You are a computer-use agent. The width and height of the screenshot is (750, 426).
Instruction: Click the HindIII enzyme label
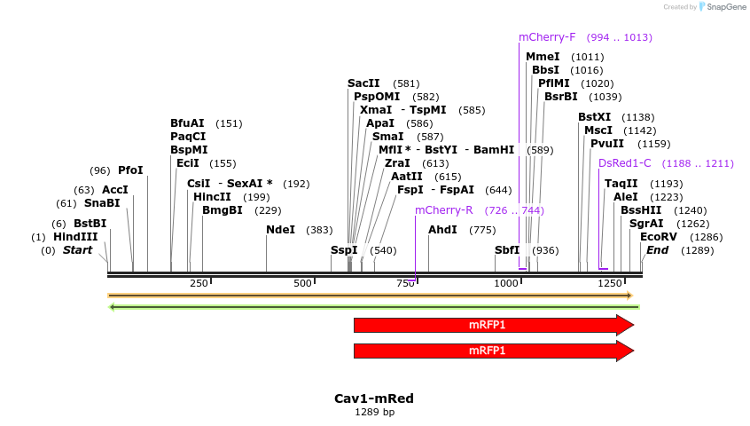(75, 237)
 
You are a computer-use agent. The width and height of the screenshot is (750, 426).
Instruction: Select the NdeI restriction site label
(280, 230)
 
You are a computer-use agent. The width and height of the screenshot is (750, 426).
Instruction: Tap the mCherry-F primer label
(547, 37)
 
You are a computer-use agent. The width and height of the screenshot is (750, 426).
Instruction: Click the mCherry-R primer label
(443, 210)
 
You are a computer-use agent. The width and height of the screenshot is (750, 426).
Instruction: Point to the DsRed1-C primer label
(624, 163)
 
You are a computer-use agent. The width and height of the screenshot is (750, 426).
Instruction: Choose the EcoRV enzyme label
(658, 237)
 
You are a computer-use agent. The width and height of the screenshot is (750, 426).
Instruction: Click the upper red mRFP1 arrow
(493, 325)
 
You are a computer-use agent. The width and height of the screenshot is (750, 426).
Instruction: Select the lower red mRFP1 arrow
(493, 351)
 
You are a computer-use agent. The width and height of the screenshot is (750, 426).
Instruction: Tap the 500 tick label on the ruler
(303, 283)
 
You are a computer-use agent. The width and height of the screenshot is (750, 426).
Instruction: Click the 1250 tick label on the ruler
(609, 283)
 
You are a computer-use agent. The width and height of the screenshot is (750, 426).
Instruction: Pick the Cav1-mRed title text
(373, 398)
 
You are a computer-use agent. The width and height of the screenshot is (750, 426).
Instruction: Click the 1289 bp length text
(373, 412)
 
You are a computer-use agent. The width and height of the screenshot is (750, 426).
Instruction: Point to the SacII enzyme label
(363, 83)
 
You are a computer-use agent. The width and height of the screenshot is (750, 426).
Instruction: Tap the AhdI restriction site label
(442, 230)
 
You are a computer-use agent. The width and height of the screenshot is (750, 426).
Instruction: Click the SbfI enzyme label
(507, 250)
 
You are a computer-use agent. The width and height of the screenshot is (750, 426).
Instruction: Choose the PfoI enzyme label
(130, 170)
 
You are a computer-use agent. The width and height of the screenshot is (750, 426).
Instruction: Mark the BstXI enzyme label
(594, 117)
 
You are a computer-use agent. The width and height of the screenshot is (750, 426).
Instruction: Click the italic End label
(657, 250)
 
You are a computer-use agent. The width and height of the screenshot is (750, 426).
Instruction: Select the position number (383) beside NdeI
(319, 230)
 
